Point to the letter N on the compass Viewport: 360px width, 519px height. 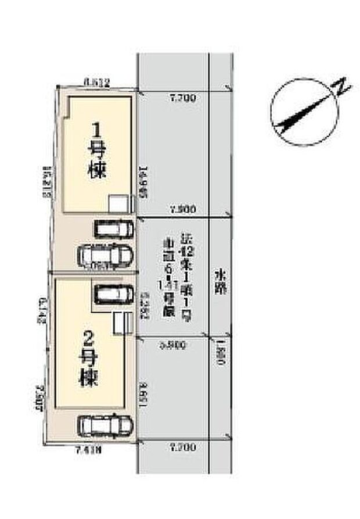[343, 88]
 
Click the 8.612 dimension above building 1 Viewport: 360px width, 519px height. [97, 83]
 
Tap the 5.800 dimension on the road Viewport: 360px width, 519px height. [172, 345]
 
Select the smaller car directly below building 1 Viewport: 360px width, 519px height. [114, 228]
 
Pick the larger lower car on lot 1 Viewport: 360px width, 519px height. [105, 255]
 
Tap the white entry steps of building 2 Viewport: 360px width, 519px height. [120, 323]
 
